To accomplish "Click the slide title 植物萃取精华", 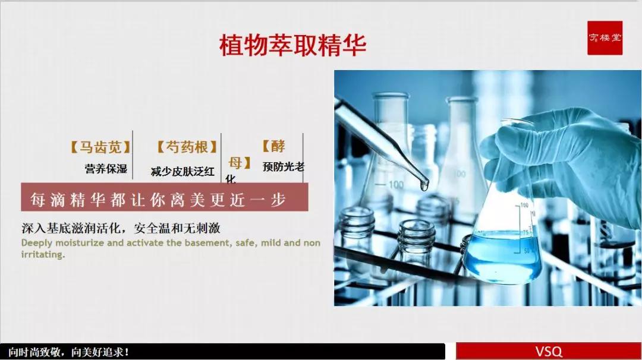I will (x=292, y=45).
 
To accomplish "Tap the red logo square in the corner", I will (x=605, y=38).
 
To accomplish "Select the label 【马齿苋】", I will (x=100, y=147).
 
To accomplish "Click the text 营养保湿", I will (x=106, y=169).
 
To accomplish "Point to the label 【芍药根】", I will (x=187, y=147).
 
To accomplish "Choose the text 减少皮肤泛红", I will (x=182, y=172).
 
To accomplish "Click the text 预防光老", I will (x=283, y=167).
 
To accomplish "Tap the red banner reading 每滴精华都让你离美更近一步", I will (x=164, y=198).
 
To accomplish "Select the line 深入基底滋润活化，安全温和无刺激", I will (x=125, y=229).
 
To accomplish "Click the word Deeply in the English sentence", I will (x=37, y=243).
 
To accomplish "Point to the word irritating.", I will (x=43, y=254).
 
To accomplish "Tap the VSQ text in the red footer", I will (x=548, y=352).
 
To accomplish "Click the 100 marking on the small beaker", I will (x=396, y=185).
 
